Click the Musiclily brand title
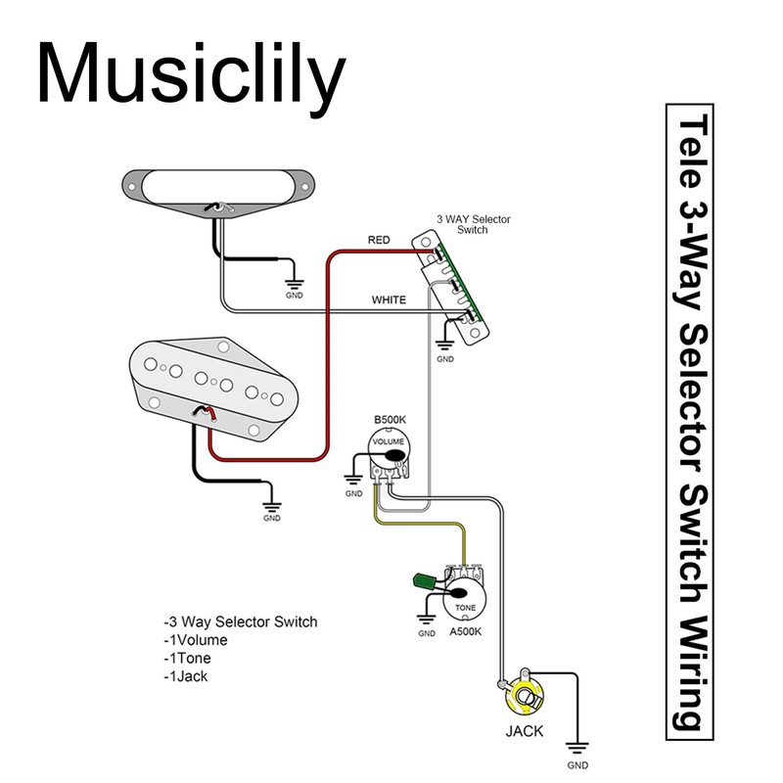pyautogui.click(x=192, y=75)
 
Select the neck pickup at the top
pyautogui.click(x=217, y=183)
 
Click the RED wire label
pyautogui.click(x=379, y=240)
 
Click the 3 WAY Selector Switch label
pyautogui.click(x=473, y=224)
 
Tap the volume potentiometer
pyautogui.click(x=391, y=454)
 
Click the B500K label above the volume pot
pyautogui.click(x=391, y=420)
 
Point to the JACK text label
pyautogui.click(x=525, y=731)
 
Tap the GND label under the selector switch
pyautogui.click(x=445, y=360)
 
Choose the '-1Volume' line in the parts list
pyautogui.click(x=196, y=640)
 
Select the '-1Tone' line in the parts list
pyautogui.click(x=188, y=658)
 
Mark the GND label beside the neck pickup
pyautogui.click(x=295, y=295)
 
